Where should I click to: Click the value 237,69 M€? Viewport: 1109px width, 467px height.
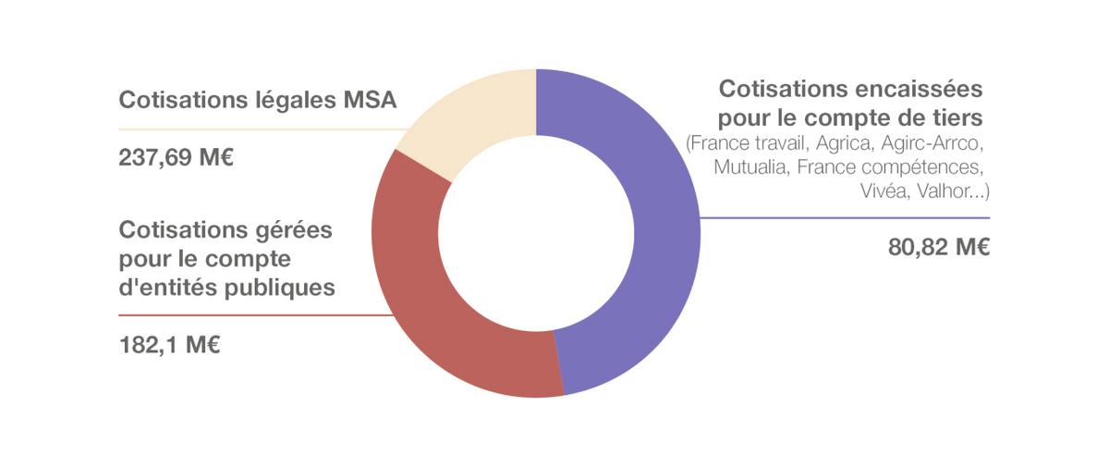point(176,157)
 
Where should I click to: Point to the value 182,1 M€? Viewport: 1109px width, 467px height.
point(169,346)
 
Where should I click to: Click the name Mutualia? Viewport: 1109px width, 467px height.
point(749,167)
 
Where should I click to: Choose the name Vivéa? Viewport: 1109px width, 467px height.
point(884,190)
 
